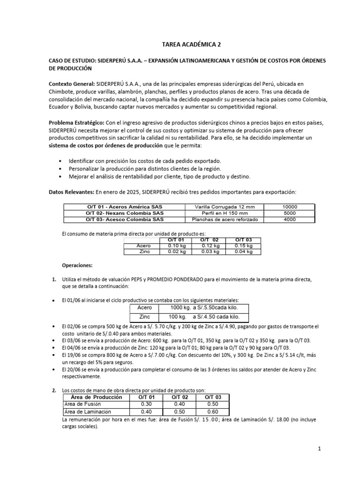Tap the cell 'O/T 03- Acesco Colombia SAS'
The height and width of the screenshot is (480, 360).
point(125,219)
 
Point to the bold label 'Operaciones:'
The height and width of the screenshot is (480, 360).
point(77,265)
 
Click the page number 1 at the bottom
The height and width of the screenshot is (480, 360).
point(319,449)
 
